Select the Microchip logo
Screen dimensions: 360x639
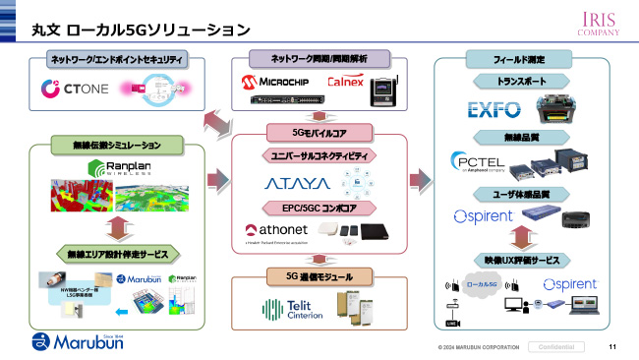point(279,79)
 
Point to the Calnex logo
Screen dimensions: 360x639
point(344,80)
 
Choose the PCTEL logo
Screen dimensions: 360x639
point(481,161)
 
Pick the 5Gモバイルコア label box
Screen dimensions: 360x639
point(319,132)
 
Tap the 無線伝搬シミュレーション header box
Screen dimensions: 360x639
point(116,146)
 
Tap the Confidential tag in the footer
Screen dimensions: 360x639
point(556,346)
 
